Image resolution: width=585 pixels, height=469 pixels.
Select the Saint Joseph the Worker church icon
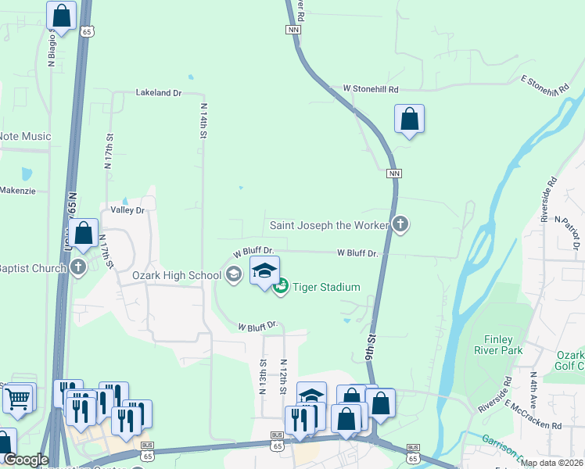tap(400, 225)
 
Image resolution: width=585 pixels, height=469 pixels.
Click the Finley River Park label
tap(499, 345)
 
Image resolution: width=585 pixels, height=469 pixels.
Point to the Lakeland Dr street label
tap(159, 92)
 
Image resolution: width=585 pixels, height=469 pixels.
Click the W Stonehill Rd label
tap(364, 90)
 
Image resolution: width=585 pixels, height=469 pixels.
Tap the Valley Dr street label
tap(128, 210)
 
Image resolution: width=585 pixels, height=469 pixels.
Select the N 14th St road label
tap(203, 121)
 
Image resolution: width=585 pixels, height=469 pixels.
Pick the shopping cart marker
tap(17, 399)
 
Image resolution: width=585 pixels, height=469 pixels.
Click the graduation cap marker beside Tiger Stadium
tap(265, 271)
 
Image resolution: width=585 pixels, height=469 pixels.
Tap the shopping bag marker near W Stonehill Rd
tap(409, 120)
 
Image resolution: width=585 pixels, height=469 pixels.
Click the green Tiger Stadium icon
tap(281, 287)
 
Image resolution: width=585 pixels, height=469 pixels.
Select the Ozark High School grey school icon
tap(233, 274)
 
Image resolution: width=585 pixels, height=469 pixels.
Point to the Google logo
tap(26, 460)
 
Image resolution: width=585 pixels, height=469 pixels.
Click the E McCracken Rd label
tap(533, 416)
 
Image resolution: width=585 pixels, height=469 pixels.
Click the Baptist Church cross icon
tap(77, 268)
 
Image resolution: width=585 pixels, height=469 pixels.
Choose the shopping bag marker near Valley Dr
tap(83, 233)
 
